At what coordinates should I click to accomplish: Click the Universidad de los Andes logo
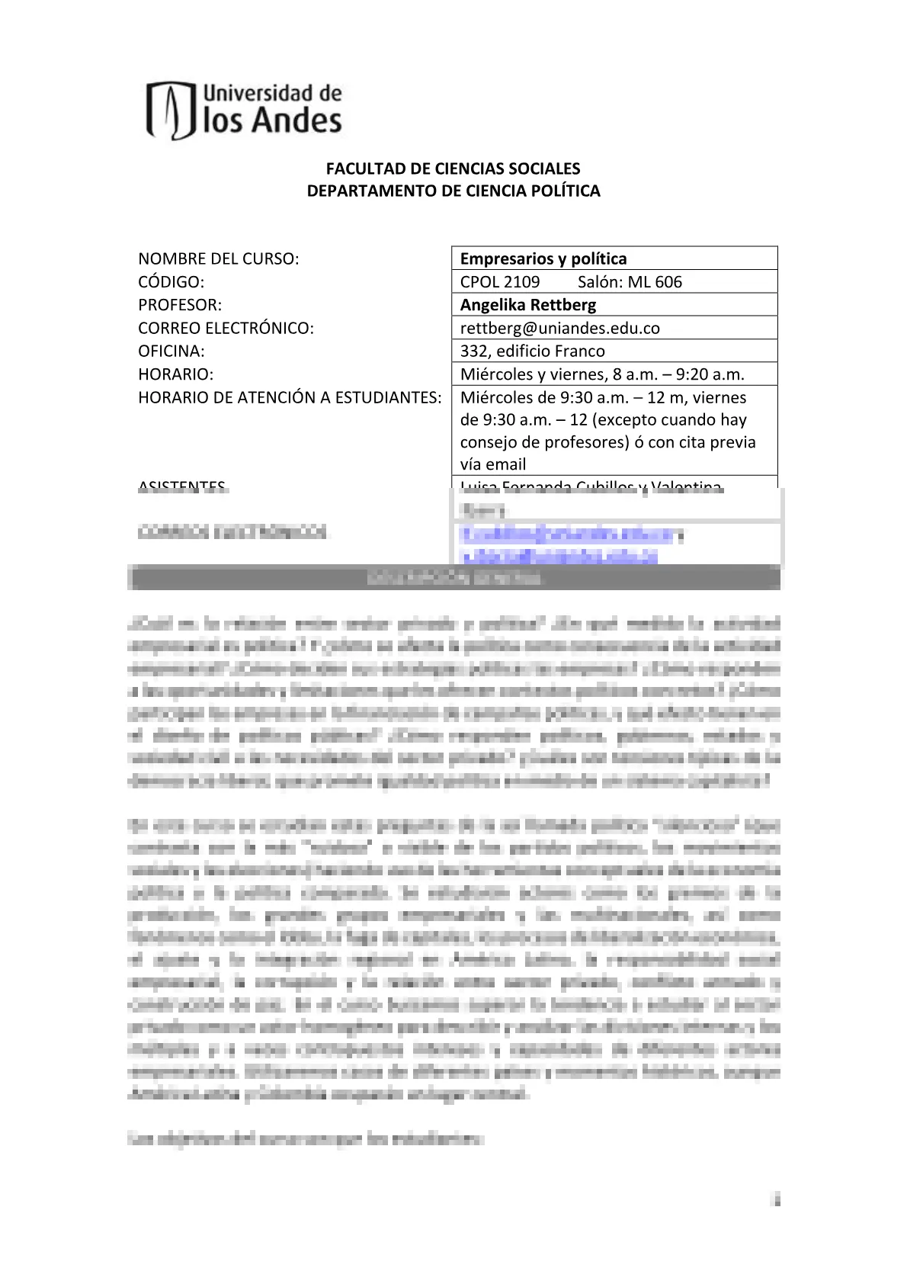tap(245, 110)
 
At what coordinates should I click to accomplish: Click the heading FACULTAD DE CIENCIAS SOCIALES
tap(453, 169)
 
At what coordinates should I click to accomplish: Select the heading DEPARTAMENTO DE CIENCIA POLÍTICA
tap(453, 191)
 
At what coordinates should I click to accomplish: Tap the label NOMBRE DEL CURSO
tap(218, 258)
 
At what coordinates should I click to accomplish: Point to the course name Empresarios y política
tap(543, 258)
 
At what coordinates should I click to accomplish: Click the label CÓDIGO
tap(171, 282)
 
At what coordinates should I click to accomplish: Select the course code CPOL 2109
tap(499, 282)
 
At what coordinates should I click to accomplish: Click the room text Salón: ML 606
tap(630, 282)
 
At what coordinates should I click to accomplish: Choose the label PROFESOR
tap(179, 305)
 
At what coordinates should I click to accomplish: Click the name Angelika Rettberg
tap(527, 305)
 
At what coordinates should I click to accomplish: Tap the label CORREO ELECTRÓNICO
tap(226, 329)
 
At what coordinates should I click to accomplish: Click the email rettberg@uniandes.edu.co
tap(559, 329)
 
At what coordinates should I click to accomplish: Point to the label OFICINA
tap(171, 351)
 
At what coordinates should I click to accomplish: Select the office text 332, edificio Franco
tap(532, 351)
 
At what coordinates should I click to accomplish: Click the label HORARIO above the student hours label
tap(175, 374)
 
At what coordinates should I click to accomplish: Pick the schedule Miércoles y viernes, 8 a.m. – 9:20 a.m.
tap(602, 374)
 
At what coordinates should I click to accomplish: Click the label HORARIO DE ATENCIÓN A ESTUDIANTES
tap(290, 397)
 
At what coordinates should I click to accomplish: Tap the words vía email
tap(492, 464)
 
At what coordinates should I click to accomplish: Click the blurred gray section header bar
tap(453, 577)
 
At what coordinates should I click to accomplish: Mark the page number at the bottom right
tap(777, 1200)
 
